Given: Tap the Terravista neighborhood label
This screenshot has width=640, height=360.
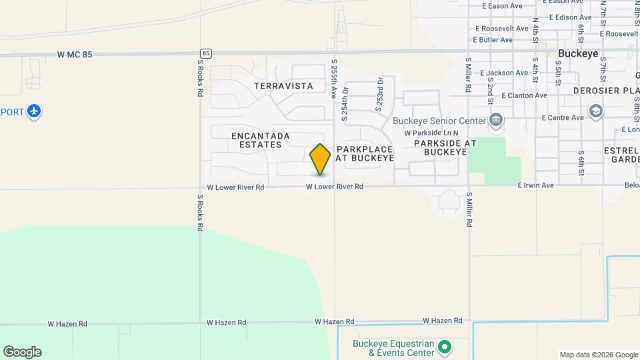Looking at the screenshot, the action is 283,86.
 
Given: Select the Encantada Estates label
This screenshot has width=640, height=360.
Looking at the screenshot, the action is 260,140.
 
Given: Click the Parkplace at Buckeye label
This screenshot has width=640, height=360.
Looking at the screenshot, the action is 365,153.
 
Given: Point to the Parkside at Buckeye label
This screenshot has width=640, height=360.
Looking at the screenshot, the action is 445,147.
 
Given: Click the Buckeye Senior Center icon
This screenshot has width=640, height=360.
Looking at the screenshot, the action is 495,121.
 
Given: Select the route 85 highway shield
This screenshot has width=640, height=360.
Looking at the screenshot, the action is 206,53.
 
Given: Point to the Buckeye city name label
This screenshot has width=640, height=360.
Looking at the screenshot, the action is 577,55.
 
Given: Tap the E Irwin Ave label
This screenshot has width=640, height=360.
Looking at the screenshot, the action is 535,185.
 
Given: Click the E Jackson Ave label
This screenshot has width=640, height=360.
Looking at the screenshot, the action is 503,73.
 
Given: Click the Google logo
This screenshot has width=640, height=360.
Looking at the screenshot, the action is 22,352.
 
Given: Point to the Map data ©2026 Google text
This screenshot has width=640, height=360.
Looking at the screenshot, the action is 598,355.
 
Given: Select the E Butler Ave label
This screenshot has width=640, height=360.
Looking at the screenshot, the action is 493,40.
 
